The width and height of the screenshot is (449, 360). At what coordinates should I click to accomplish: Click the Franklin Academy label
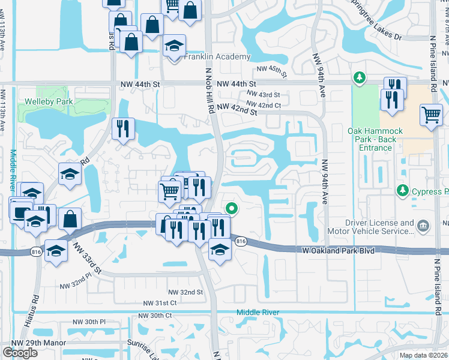tap(217, 57)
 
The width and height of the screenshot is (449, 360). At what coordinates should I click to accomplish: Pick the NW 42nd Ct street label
tap(265, 105)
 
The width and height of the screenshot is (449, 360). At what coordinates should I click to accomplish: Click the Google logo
tap(20, 352)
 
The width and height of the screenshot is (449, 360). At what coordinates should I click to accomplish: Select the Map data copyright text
tap(424, 355)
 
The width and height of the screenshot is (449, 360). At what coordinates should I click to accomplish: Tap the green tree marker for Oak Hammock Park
tap(360, 77)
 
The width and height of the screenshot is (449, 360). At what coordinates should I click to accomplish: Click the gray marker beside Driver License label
tap(423, 226)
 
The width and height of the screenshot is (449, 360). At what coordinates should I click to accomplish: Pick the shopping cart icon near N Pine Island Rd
tap(431, 113)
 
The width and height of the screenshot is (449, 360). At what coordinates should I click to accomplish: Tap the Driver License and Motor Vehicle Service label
tap(371, 226)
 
